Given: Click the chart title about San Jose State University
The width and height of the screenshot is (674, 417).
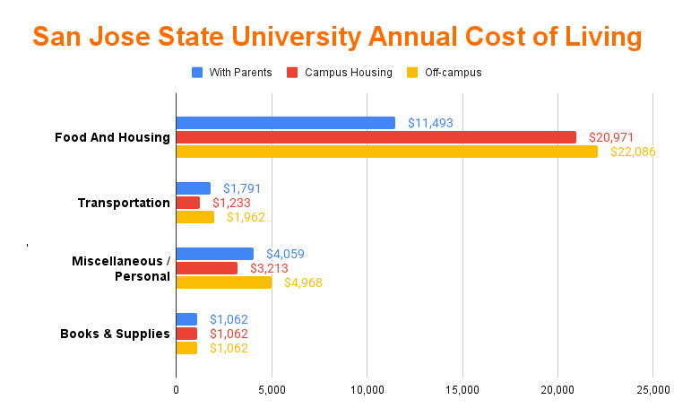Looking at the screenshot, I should (x=337, y=37).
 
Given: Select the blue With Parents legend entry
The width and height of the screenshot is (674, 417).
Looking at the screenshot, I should (x=231, y=73).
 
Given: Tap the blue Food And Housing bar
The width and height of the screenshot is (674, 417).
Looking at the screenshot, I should (x=285, y=123).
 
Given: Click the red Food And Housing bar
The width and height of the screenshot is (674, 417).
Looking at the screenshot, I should (x=376, y=137).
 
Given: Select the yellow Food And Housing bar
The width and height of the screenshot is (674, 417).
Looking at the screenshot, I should (x=386, y=152).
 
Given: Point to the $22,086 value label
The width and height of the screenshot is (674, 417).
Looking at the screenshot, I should (x=633, y=152).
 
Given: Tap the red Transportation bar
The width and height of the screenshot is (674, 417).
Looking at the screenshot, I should (x=187, y=203).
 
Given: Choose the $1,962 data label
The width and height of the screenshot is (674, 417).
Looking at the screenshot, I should (x=246, y=217).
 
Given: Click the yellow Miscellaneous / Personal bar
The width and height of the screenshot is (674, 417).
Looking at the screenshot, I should (x=223, y=282).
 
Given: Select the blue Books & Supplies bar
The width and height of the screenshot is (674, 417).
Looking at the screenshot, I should (x=186, y=319).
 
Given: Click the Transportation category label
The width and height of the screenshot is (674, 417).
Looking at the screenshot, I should (x=124, y=203).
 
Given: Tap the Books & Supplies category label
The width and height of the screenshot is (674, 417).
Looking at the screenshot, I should (x=115, y=334).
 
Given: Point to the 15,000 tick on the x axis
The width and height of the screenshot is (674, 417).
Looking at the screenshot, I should (x=462, y=390).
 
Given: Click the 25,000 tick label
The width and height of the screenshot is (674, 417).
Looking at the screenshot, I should (x=652, y=390).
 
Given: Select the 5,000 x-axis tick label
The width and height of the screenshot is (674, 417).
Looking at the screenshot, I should (x=272, y=390).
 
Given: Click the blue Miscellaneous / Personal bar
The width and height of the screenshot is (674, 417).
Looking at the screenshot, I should (x=214, y=254).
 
